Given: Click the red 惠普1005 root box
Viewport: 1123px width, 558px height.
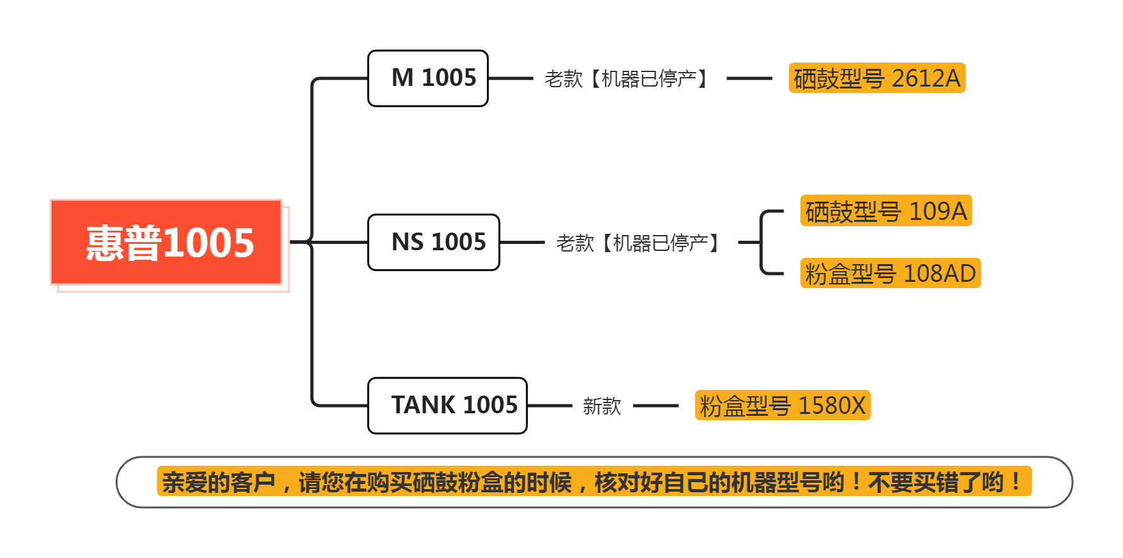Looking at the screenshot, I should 166,243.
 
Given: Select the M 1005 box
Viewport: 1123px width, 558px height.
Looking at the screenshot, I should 428,78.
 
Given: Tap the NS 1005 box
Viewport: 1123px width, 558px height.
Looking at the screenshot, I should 434,242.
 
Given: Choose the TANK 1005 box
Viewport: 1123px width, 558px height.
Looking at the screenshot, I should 448,406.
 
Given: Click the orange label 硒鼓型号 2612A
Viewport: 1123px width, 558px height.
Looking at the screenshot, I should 876,78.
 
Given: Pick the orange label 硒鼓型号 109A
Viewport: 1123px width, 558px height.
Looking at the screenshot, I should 886,211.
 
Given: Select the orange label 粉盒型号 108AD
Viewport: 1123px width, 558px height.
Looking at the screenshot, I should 890,274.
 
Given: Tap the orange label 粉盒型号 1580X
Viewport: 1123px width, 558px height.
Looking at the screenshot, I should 782,406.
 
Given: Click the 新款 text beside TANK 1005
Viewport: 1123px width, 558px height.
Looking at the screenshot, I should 602,406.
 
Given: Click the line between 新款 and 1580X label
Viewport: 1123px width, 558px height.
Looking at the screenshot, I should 656,406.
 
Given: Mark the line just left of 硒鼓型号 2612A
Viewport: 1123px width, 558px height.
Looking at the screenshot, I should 749,78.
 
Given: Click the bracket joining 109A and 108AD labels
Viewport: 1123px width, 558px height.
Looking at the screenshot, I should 762,243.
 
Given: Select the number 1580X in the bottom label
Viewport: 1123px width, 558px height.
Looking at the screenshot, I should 832,406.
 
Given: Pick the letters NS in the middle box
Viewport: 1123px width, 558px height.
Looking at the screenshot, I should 407,242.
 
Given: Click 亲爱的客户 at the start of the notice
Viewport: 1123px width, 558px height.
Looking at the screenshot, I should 219,482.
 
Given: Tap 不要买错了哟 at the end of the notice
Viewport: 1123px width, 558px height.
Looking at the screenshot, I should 936,482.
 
